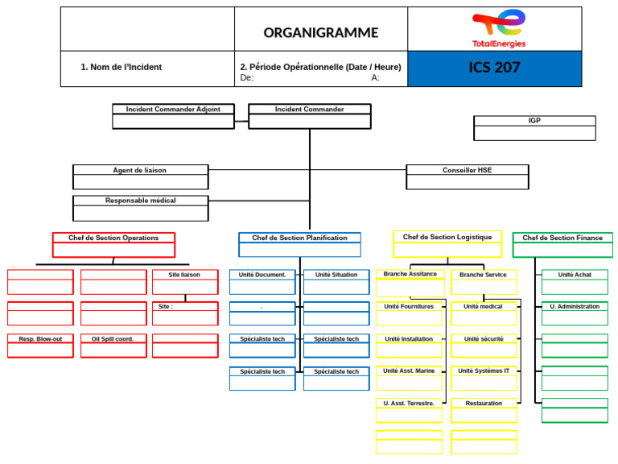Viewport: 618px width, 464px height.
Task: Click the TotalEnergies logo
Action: (498, 29)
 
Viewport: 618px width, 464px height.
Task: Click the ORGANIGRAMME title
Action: (320, 33)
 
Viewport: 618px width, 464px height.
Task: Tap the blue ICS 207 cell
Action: (494, 68)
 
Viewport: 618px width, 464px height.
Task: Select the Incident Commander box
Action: (310, 116)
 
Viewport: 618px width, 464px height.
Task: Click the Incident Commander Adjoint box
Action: (173, 116)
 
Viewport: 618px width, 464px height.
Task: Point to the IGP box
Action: (534, 127)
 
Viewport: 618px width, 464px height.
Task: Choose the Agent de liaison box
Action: (140, 176)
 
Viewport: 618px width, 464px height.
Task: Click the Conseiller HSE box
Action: (467, 176)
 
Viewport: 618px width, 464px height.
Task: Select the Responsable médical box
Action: (140, 207)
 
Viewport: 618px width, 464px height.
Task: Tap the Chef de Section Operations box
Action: (113, 244)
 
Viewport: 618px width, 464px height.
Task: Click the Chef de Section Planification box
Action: (299, 244)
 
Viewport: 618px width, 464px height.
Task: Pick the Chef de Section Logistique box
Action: (447, 243)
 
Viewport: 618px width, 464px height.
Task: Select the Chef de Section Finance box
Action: (562, 244)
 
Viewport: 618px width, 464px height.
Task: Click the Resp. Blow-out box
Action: (40, 346)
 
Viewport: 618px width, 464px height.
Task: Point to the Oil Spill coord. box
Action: (113, 346)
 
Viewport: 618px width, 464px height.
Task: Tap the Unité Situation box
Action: (336, 281)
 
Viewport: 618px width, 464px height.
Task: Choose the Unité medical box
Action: (484, 313)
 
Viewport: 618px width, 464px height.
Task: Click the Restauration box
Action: (484, 410)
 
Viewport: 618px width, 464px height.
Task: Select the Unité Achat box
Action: (575, 281)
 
